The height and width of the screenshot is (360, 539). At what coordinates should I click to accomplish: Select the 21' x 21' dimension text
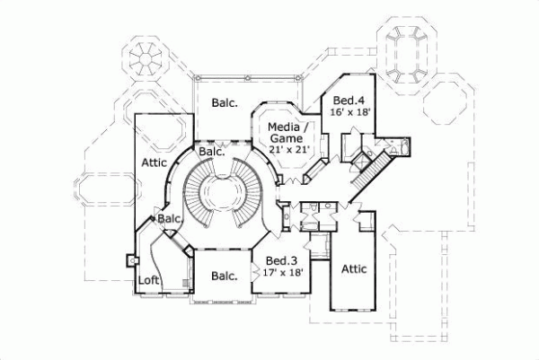pos(289,150)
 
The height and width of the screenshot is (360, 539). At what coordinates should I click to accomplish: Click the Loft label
pos(149,280)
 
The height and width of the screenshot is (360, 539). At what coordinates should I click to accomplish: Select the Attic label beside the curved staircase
pos(154,162)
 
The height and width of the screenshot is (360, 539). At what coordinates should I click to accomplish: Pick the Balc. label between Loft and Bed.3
pos(224,277)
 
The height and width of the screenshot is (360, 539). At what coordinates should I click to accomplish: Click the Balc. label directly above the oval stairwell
pos(211,153)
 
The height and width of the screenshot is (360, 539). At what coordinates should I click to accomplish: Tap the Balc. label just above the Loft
pos(171,219)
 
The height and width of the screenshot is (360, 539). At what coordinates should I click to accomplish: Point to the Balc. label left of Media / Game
pos(225,103)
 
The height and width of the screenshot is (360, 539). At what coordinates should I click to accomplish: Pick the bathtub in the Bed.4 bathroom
pos(402,146)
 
